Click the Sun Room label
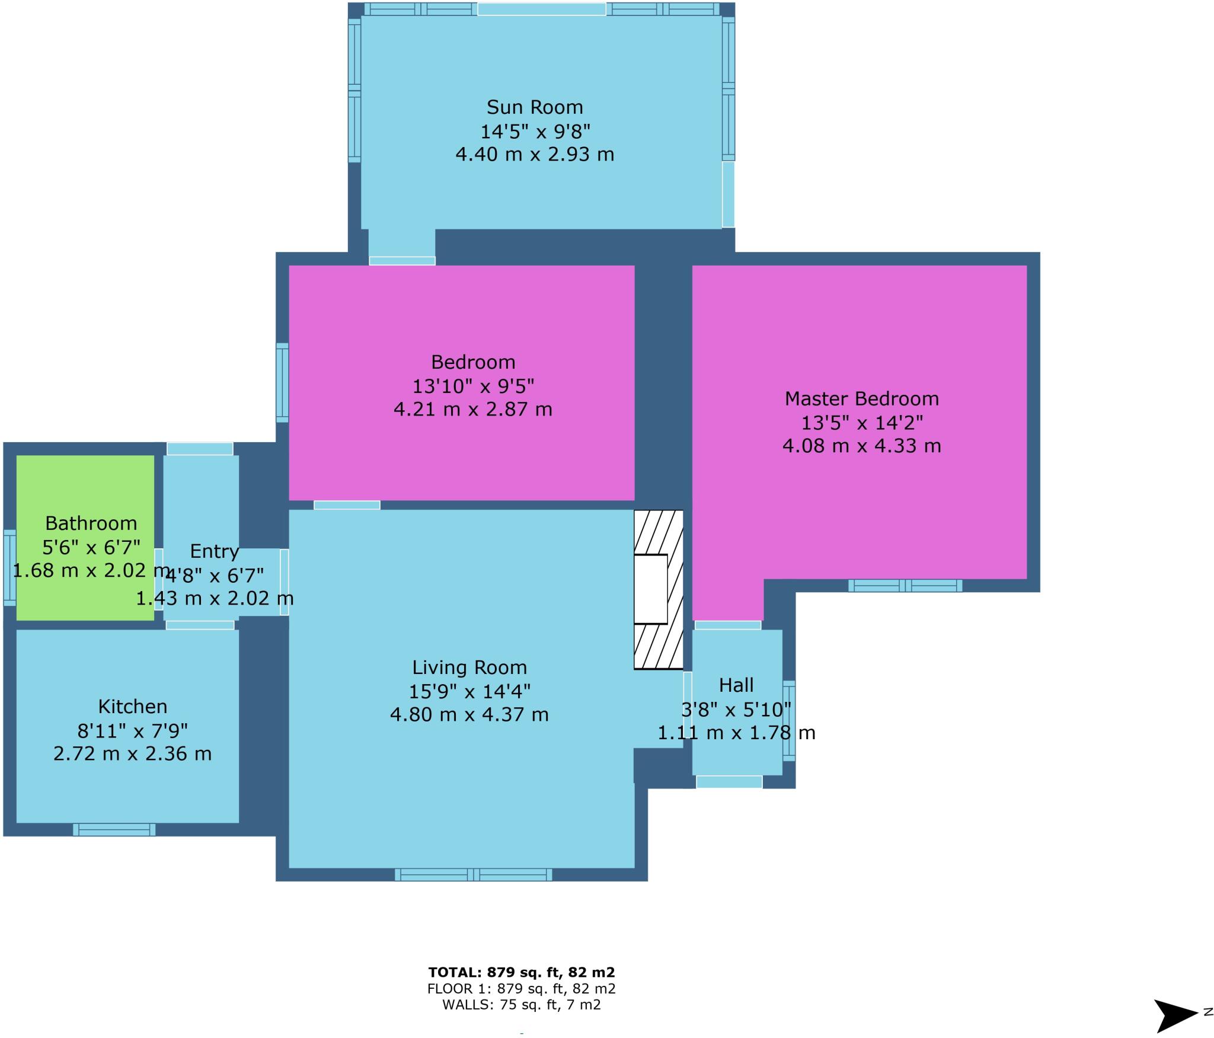534,107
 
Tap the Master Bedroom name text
861,399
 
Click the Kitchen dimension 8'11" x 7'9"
132,730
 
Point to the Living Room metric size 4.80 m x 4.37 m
469,714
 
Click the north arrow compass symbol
1175,1015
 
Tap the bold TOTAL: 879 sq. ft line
521,973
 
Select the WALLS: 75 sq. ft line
521,1005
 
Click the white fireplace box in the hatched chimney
650,589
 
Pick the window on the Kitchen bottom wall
114,830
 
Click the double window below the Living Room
473,874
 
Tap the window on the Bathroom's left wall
9,568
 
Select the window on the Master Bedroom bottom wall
905,586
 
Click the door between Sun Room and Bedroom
402,261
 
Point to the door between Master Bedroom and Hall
727,625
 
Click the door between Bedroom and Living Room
347,505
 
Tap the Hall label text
736,685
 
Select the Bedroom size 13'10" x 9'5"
473,387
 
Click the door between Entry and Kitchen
200,625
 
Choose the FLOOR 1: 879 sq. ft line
521,989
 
